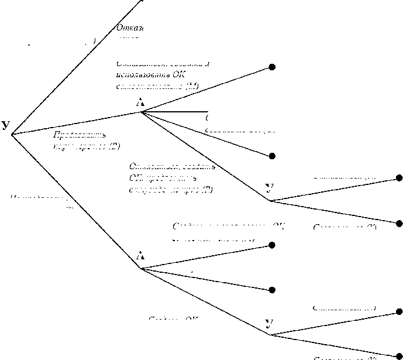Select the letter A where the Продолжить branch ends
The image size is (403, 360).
pos(140,102)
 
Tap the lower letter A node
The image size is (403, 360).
pos(140,256)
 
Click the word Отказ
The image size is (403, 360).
pos(130,28)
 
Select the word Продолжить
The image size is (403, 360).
pos(71,135)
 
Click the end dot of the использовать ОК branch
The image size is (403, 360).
pos(272,67)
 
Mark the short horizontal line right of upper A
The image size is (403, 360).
pos(175,111)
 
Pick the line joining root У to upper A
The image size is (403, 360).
pos(76,123)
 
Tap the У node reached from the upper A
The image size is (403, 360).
pos(269,188)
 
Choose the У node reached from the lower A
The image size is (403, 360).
pos(269,323)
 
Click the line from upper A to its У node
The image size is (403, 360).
pos(205,156)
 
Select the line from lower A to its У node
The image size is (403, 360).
pos(205,301)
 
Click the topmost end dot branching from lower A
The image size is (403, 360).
pos(272,245)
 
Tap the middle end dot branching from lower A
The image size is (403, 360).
pos(272,290)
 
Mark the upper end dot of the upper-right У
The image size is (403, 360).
pos(399,177)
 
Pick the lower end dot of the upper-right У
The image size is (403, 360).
pos(399,223)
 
